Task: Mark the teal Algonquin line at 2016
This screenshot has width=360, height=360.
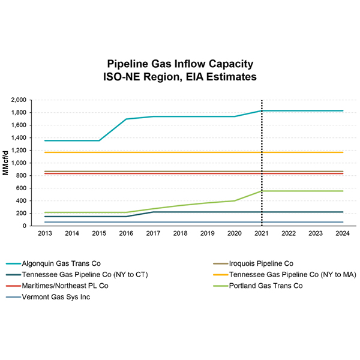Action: (126, 119)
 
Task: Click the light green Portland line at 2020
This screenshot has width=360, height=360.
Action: (235, 200)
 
